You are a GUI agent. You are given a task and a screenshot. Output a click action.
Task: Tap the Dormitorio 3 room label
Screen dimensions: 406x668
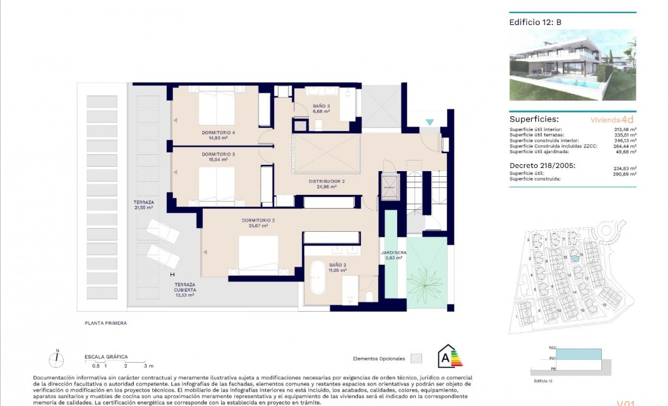218,156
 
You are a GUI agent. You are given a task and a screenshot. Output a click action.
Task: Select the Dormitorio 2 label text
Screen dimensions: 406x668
258,223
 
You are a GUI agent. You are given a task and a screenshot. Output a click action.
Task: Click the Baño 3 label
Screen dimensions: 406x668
322,109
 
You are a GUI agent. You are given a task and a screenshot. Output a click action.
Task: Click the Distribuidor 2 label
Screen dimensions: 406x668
327,184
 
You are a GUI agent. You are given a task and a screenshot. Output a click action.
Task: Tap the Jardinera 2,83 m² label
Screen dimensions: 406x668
394,255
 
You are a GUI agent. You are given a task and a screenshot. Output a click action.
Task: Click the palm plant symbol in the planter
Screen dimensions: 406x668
427,282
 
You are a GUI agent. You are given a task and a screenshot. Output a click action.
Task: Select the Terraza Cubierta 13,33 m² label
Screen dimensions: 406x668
185,289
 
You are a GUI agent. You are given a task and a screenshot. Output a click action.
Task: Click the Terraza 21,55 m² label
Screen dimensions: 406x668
144,205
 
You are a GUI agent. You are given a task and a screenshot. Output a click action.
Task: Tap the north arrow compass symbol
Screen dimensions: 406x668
57,359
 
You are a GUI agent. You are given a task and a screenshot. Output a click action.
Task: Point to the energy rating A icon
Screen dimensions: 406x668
448,357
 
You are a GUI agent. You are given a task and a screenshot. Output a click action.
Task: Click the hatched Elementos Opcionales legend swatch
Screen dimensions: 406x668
416,359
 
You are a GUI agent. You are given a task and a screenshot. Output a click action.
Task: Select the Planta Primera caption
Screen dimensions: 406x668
106,323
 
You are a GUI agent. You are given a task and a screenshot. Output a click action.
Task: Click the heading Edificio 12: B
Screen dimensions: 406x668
535,22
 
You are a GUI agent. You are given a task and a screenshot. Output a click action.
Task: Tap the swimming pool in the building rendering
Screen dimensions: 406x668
577,82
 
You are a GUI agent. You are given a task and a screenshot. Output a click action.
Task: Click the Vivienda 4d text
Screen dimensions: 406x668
612,119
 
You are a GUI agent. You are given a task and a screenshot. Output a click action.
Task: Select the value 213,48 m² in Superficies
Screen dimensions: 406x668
624,129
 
